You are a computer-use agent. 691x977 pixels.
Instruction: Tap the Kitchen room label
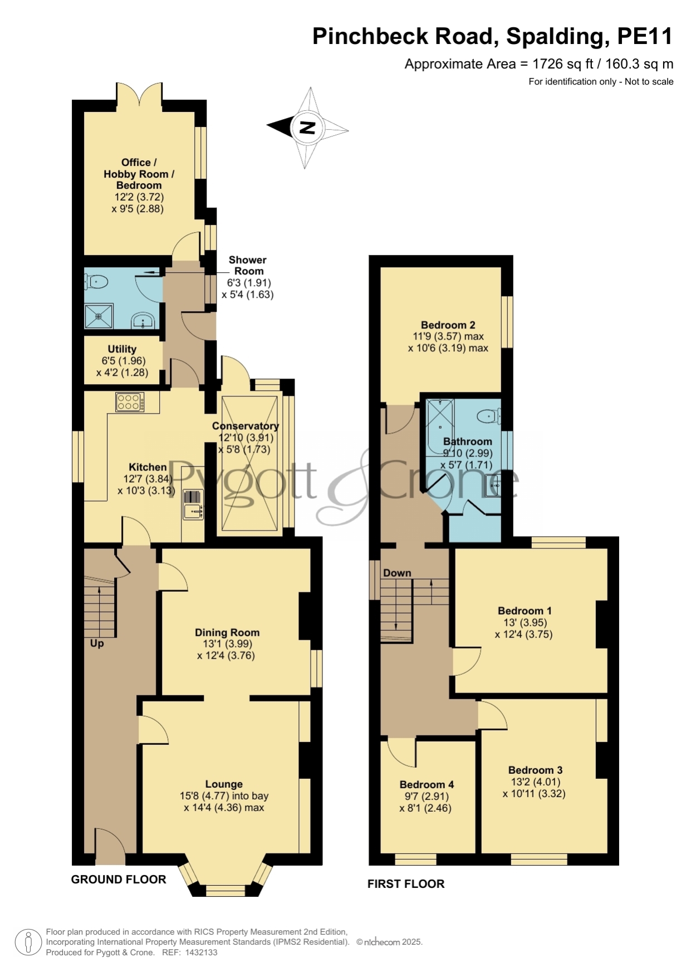pos(148,467)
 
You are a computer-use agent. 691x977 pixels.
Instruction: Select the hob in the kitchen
pos(130,402)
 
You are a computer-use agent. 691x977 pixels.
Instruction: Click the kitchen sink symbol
pos(193,510)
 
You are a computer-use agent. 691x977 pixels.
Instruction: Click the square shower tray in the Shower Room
pos(99,316)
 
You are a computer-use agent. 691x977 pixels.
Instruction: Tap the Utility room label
pos(122,349)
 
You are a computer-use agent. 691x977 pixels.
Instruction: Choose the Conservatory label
pos(246,426)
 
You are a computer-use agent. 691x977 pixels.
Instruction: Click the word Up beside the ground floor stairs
pos(97,644)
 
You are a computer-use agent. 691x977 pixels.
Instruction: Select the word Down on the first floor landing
pos(397,573)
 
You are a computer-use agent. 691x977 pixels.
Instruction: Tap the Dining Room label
pos(227,632)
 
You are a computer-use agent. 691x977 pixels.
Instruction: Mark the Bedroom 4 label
pos(427,784)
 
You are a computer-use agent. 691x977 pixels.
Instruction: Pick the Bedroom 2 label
pos(448,325)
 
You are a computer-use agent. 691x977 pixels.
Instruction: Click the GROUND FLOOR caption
pos(119,880)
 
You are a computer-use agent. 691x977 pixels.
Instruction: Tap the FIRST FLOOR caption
pos(406,884)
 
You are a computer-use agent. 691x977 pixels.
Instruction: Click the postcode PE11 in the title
pos(645,36)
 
